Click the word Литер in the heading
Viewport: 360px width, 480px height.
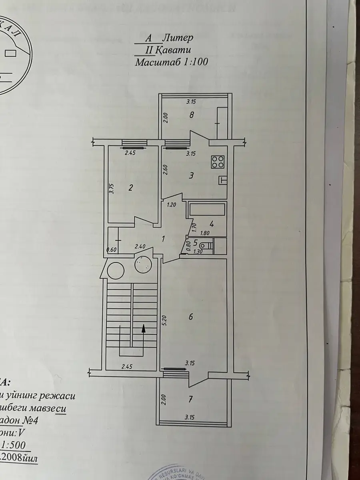(178, 38)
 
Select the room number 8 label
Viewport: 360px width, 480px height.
(192, 116)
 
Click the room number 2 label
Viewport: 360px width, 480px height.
(131, 188)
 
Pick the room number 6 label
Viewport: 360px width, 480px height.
(191, 317)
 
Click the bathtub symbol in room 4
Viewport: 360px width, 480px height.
(207, 210)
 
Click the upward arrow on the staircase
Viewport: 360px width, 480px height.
(143, 329)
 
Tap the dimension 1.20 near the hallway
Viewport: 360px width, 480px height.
(172, 204)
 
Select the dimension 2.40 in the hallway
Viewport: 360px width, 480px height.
(140, 247)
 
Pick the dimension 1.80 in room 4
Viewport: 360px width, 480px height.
(205, 232)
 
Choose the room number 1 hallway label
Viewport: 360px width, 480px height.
(163, 239)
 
